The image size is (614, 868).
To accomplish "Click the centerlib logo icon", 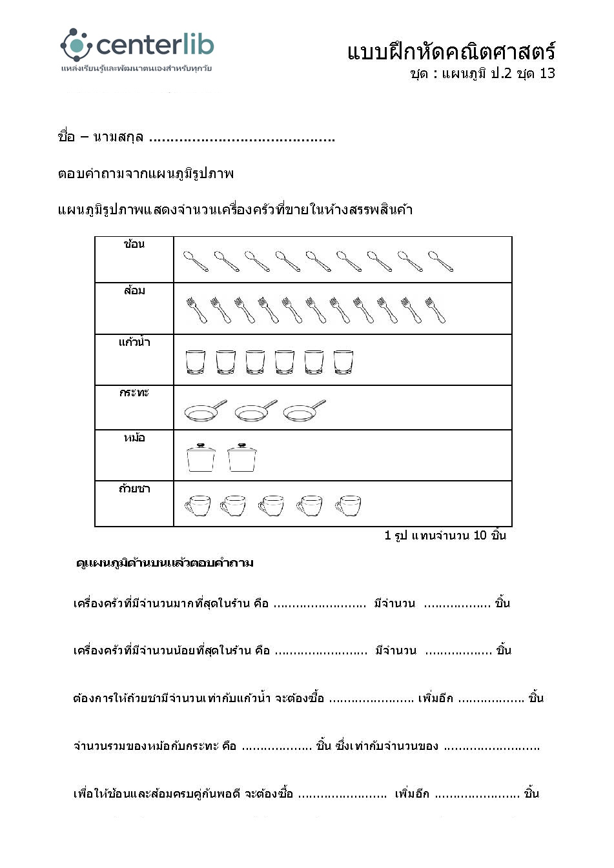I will (x=76, y=45).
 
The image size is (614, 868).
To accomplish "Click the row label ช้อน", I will (x=134, y=244).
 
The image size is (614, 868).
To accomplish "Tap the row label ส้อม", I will (x=134, y=290).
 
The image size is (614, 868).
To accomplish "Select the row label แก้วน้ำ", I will (x=134, y=342).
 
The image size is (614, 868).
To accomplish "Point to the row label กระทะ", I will (x=134, y=392).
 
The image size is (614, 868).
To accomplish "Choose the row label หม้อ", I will (x=134, y=438).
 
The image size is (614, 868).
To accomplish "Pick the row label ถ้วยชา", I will (x=134, y=489).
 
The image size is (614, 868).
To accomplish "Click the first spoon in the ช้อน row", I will (x=196, y=261).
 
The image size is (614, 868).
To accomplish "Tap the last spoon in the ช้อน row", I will (x=440, y=261).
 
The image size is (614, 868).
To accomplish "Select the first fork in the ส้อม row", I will (x=196, y=310).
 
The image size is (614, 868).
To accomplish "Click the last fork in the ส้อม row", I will (x=435, y=310).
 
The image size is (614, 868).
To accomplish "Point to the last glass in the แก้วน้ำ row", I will (x=343, y=362).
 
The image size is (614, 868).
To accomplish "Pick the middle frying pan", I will (x=256, y=410).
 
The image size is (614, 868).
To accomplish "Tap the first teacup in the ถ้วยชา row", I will (x=198, y=505).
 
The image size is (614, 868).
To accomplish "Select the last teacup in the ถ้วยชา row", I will (x=349, y=505).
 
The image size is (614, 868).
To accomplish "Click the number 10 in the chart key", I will (x=480, y=535).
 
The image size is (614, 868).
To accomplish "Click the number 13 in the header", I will (x=547, y=73).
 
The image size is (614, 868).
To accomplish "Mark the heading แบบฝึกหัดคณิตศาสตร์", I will (x=451, y=51).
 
